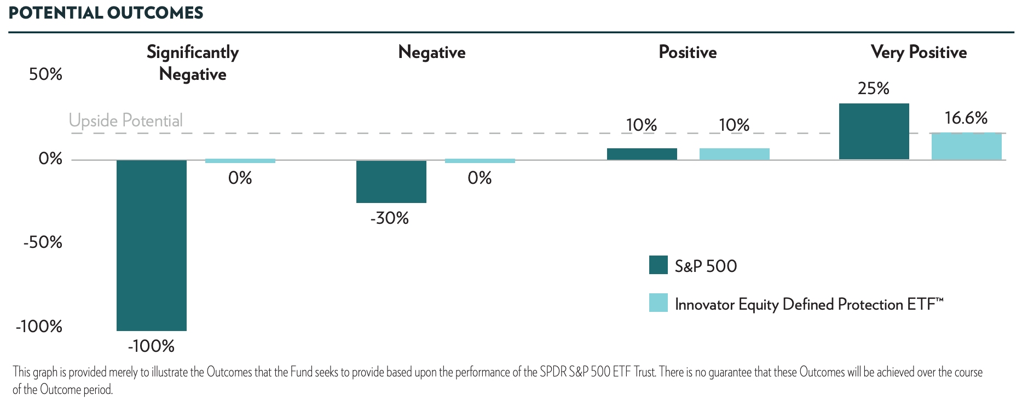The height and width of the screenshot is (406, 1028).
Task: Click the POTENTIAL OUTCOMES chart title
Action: [106, 13]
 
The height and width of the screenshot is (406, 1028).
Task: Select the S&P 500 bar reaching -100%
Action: [152, 245]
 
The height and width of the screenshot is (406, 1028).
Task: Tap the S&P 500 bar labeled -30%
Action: [391, 182]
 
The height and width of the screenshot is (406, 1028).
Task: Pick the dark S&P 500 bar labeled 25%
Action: [874, 131]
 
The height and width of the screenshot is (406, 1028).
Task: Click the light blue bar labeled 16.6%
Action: [966, 146]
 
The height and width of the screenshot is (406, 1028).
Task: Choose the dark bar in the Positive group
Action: [642, 154]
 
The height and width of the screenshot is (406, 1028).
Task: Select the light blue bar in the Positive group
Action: [734, 154]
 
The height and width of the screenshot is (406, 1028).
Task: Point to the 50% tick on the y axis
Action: [45, 74]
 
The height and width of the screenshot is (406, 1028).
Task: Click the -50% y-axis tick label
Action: [43, 242]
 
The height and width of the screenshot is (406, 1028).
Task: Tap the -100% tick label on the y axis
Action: [39, 327]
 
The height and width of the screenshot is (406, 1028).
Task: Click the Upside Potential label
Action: [125, 120]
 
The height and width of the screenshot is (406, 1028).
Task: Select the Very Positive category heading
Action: [919, 52]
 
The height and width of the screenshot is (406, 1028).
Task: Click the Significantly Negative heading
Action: [193, 63]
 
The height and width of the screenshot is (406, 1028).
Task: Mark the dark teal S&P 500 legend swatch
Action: [658, 265]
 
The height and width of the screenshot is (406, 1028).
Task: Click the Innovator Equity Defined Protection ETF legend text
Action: [808, 304]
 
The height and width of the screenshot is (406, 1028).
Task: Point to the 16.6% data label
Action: [966, 118]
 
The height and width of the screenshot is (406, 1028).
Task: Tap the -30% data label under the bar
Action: [389, 218]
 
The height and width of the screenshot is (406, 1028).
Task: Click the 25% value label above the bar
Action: [873, 88]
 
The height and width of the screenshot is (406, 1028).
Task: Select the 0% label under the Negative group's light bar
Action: [480, 178]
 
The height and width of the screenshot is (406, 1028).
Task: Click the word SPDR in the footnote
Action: [553, 372]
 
